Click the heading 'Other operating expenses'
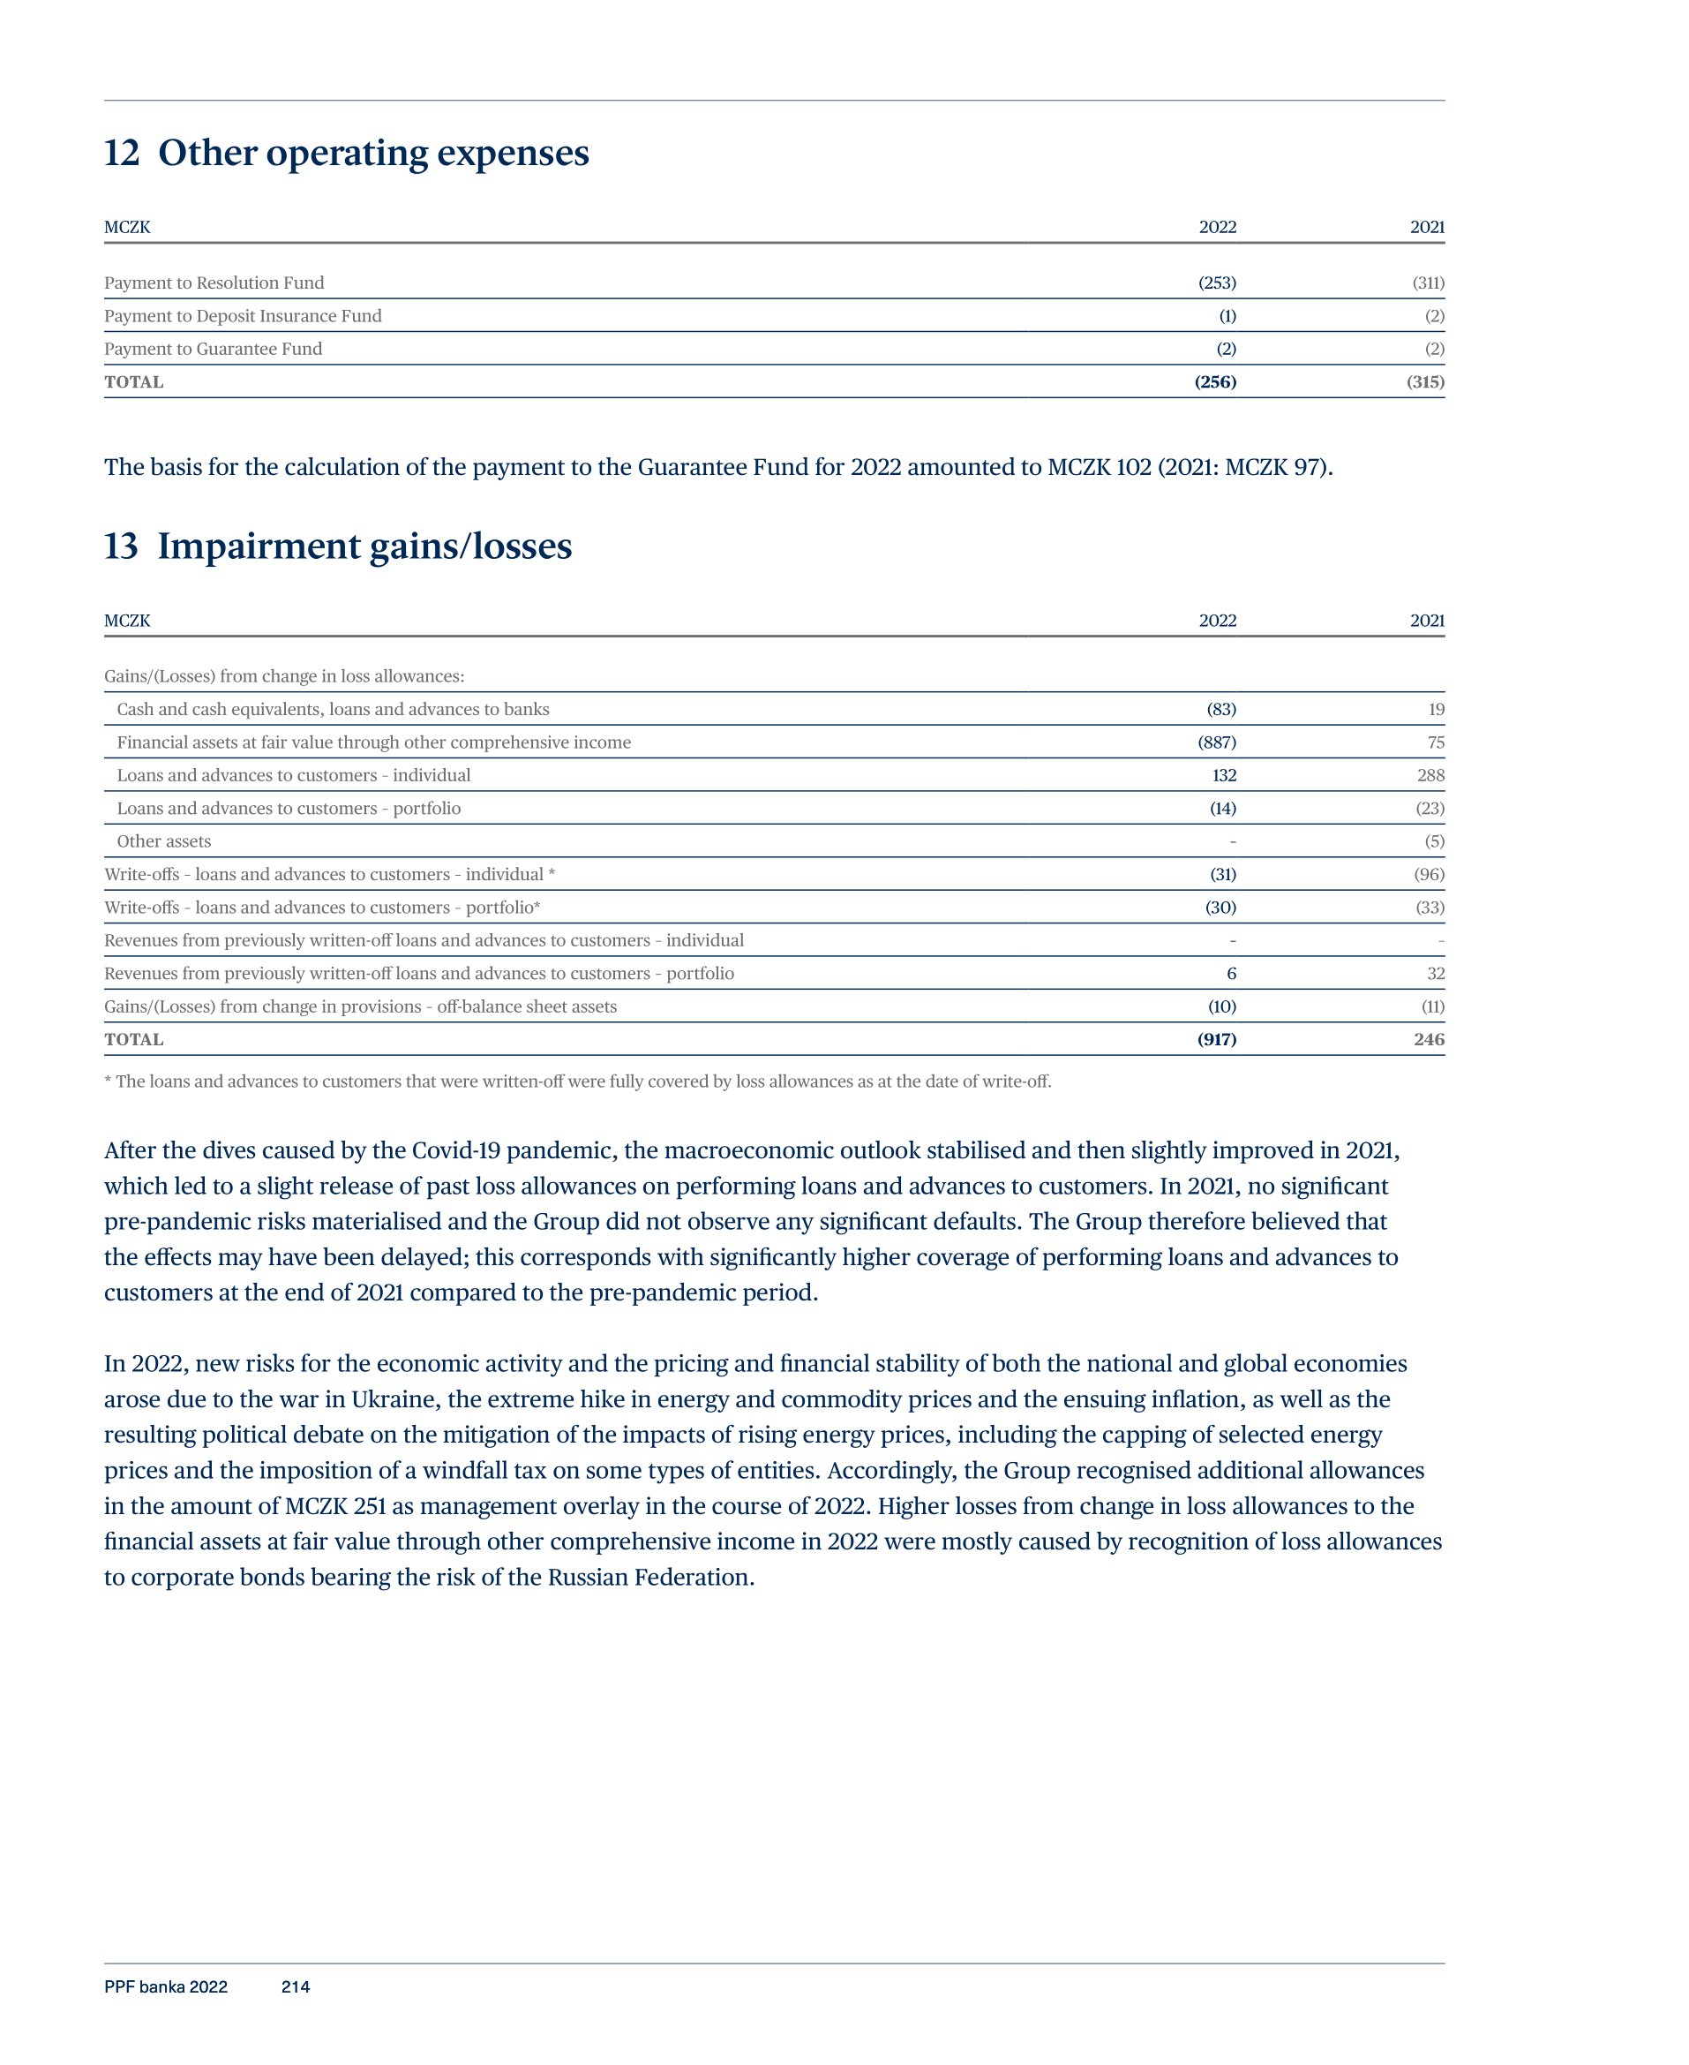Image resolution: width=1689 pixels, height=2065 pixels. [372, 153]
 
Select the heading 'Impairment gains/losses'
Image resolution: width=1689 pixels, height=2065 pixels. [364, 546]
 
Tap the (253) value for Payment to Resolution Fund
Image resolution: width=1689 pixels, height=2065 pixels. [1216, 283]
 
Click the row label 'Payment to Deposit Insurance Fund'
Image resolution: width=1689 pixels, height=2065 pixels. [243, 316]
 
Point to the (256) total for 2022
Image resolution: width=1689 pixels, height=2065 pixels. [1215, 382]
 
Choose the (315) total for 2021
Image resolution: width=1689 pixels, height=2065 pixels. [1425, 382]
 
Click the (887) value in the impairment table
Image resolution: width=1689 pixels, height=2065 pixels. [1216, 742]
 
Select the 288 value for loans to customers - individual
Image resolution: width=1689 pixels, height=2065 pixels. [1430, 776]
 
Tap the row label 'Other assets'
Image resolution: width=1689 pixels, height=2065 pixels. [163, 841]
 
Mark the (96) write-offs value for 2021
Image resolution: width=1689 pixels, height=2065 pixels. [1429, 875]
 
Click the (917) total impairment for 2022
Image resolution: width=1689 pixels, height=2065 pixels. [1216, 1039]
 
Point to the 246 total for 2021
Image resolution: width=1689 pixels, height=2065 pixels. [1429, 1039]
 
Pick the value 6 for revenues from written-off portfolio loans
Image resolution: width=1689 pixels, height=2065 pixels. [1231, 974]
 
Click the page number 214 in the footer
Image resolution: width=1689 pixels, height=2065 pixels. [295, 1987]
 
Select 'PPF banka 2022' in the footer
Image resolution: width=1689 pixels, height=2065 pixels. [165, 1987]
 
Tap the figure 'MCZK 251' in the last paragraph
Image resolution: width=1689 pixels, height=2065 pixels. [334, 1506]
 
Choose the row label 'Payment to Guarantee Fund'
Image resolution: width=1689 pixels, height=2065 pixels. [213, 350]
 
